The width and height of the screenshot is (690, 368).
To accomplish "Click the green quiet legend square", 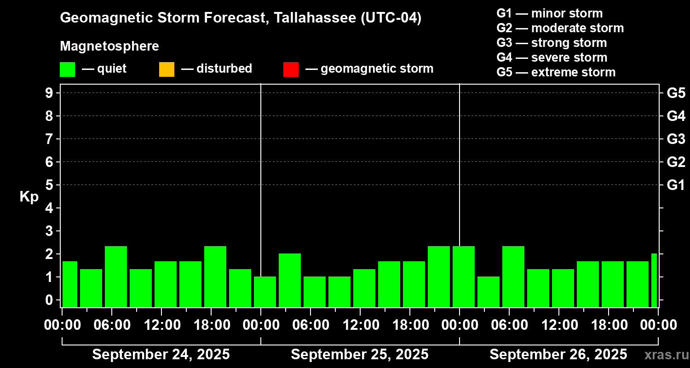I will pos(67,69).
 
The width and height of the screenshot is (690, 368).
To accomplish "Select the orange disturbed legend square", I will pos(167,69).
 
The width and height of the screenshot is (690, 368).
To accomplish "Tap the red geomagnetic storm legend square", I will pos(291,69).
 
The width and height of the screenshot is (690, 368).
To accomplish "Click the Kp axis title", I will pos(29,197).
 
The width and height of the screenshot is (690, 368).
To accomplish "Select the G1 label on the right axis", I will pos(676,185).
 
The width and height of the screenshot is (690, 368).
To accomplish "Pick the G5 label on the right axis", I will pos(676,93).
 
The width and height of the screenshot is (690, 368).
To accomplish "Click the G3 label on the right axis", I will pos(676,139).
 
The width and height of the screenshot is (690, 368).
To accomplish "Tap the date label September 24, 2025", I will pos(161,355).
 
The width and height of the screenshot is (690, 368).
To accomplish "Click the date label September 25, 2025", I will pos(360,355).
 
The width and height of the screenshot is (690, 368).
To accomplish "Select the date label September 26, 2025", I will pos(558,355).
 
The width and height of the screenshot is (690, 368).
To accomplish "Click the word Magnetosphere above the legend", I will pos(109,46).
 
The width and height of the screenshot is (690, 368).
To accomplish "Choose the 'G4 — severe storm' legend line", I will pos(552,57).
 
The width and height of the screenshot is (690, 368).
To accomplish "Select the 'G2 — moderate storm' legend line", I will pos(560,28).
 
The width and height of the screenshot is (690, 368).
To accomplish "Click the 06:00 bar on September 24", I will pos(116,276).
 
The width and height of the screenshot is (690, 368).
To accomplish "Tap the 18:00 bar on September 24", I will pos(215,276).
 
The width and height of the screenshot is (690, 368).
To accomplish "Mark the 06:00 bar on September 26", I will pos(513,276).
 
